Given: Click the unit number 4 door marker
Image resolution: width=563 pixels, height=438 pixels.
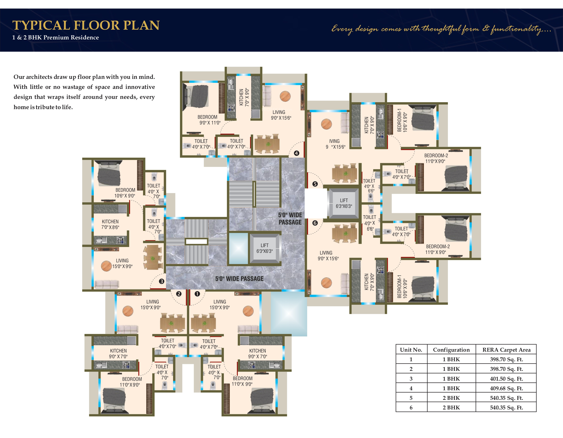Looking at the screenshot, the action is click(297, 153).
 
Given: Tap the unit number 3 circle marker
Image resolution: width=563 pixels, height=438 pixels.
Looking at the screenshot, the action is click(162, 281).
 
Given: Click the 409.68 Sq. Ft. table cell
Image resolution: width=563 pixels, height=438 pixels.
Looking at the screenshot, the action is click(506, 388).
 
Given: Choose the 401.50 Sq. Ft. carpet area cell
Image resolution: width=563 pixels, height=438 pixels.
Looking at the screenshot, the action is click(506, 379).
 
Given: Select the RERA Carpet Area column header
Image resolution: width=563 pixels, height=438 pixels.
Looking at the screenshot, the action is click(506, 350).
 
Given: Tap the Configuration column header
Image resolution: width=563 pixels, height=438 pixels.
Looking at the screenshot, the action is click(451, 350).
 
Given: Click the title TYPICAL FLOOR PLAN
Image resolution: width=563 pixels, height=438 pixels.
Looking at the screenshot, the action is click(86, 25).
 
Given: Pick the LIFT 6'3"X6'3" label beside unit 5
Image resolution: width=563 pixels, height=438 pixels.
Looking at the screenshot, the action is click(344, 203).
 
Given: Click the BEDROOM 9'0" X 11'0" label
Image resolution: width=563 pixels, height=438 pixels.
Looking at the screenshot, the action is click(209, 120).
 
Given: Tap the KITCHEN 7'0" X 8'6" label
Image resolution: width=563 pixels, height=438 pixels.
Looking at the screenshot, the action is click(110, 224).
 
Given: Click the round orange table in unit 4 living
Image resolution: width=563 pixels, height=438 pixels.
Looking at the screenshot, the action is click(285, 96).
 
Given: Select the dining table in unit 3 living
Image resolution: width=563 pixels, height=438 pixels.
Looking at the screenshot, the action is click(153, 257).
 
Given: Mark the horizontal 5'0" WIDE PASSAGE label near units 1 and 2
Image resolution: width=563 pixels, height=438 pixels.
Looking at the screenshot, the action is click(239, 279).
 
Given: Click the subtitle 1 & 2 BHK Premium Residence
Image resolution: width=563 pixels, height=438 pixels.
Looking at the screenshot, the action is click(55, 37).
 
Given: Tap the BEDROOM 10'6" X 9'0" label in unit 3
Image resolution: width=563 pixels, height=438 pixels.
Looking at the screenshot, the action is click(125, 193).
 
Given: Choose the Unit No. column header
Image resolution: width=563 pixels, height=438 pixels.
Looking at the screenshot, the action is click(411, 350).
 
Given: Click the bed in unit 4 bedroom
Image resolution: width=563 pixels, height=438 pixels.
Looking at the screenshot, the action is click(195, 96).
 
